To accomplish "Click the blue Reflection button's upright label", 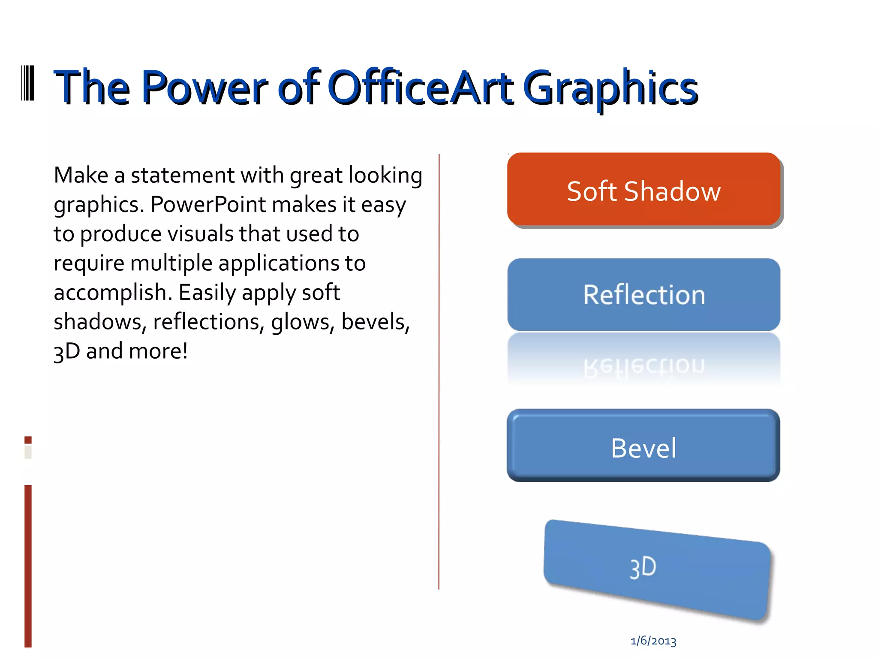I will point(643,295).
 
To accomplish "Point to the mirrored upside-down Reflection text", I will point(643,366).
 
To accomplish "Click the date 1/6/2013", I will point(653,641).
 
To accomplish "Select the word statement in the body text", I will point(183,175).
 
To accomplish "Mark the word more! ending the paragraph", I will point(158,351).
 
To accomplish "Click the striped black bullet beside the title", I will point(28,83).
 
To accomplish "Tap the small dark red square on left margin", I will point(28,440).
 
